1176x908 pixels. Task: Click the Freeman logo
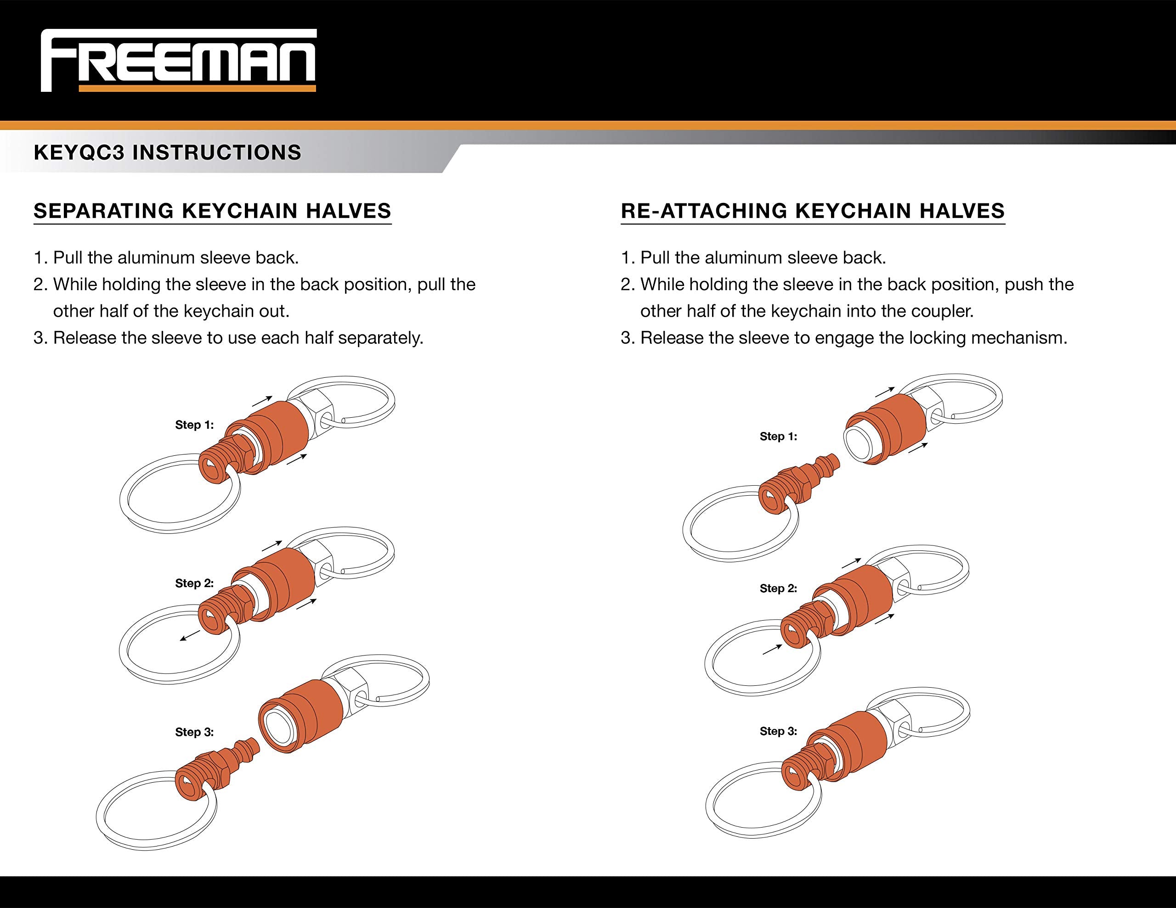pyautogui.click(x=178, y=61)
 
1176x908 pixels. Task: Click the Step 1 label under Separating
pyautogui.click(x=194, y=425)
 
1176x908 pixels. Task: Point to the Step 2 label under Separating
pyautogui.click(x=194, y=583)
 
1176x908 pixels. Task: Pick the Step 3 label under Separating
pyautogui.click(x=194, y=732)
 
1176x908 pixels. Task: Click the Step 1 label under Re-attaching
pyautogui.click(x=778, y=437)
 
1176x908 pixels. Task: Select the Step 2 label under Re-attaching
pyautogui.click(x=778, y=589)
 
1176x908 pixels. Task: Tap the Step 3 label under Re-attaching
pyautogui.click(x=778, y=731)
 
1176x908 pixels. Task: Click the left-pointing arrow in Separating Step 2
pyautogui.click(x=190, y=637)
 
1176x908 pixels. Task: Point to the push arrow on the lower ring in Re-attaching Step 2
pyautogui.click(x=772, y=650)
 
